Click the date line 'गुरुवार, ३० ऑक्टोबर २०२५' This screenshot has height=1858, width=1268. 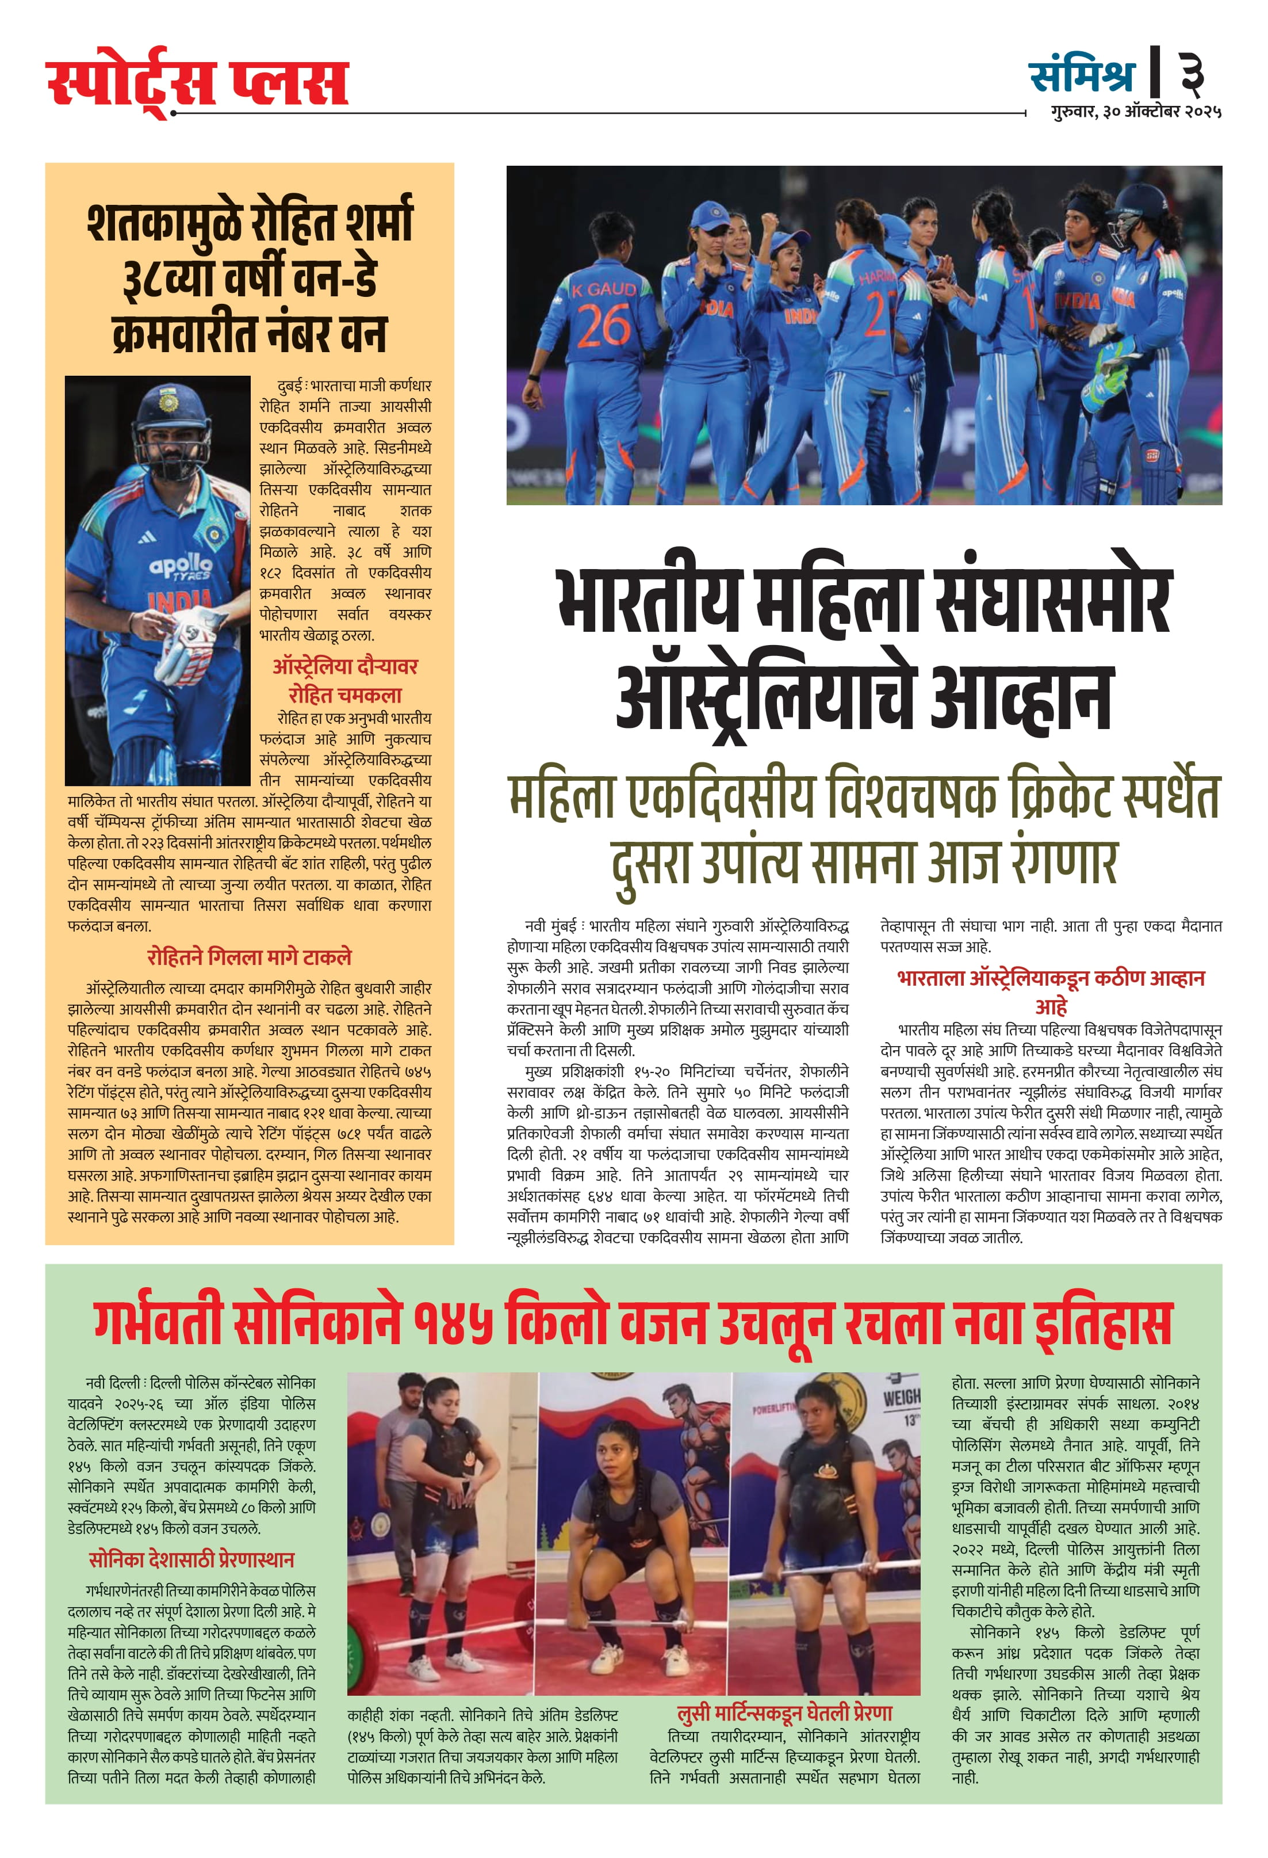tap(1135, 112)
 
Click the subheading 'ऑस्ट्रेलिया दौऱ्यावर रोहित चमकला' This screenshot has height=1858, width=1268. tap(345, 680)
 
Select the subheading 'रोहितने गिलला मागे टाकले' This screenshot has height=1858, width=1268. tap(249, 957)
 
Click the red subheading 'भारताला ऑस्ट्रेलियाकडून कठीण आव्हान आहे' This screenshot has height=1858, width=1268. tap(1051, 991)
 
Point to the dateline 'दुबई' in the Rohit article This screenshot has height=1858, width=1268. tap(289, 386)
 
